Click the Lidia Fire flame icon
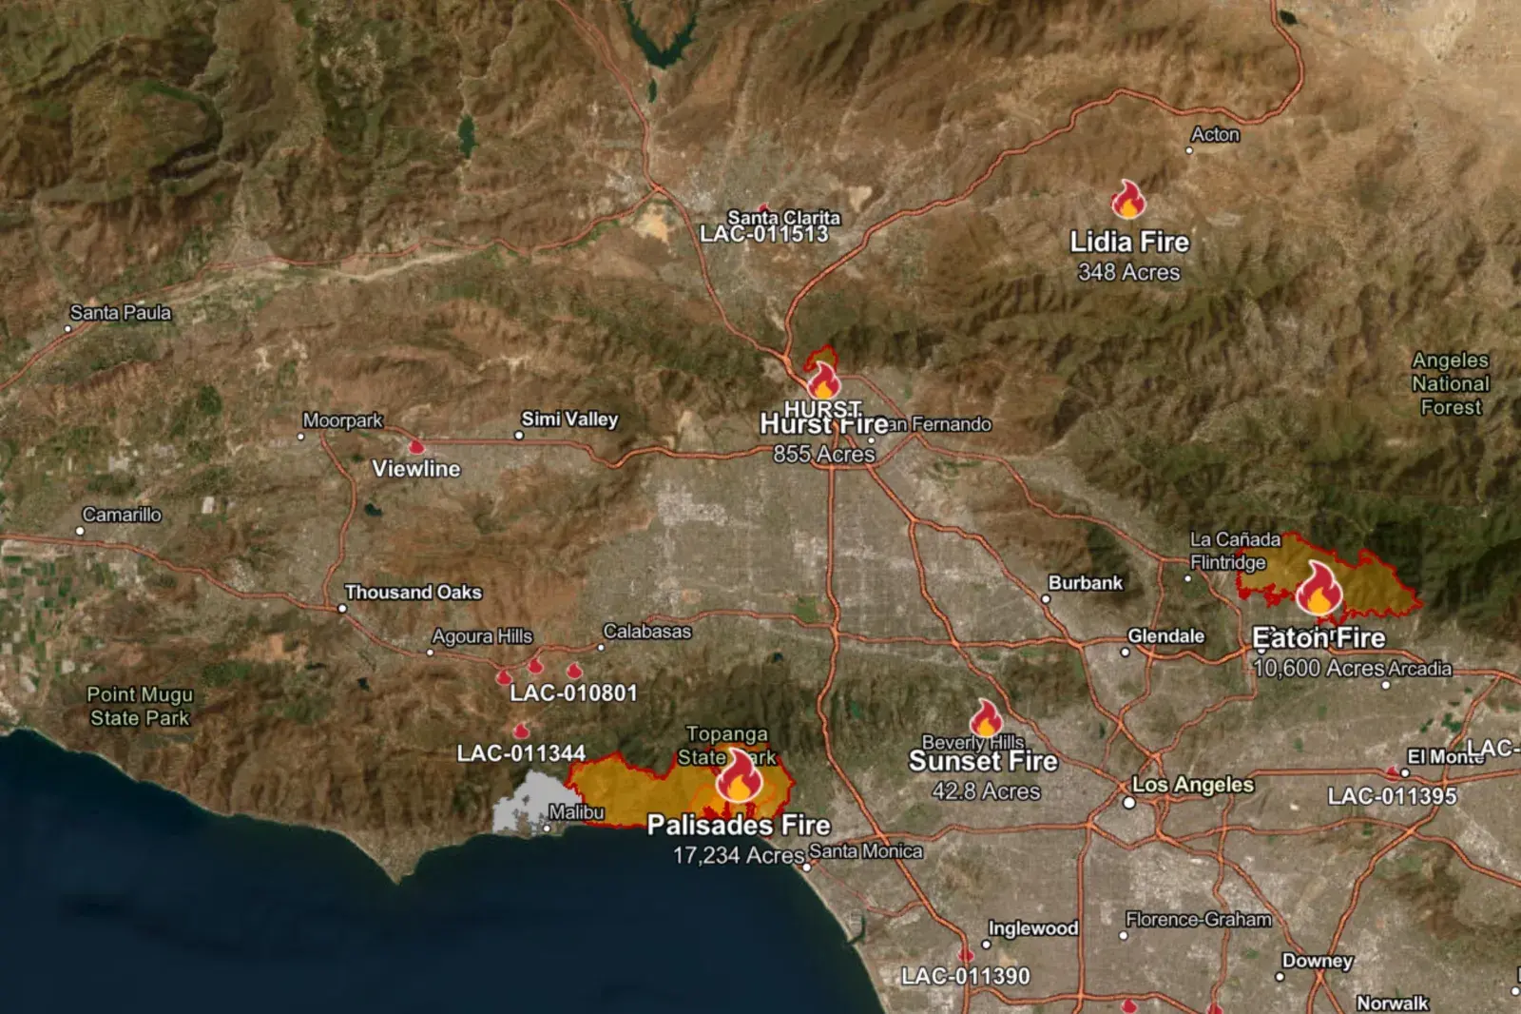tap(1128, 200)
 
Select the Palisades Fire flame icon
tap(739, 775)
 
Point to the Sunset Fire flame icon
tap(986, 719)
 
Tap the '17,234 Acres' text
tap(739, 855)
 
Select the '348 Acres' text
tap(1128, 272)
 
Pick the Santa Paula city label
tap(121, 312)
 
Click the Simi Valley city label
tap(569, 419)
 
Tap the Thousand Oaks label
tap(413, 592)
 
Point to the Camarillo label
tap(122, 515)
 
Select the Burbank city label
tap(1085, 582)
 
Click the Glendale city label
tap(1165, 635)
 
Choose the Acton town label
tap(1215, 134)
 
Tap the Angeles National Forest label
tap(1451, 383)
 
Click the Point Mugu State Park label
tap(140, 706)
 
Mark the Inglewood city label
tap(1032, 927)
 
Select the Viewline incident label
tap(415, 468)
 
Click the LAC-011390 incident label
tap(965, 976)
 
